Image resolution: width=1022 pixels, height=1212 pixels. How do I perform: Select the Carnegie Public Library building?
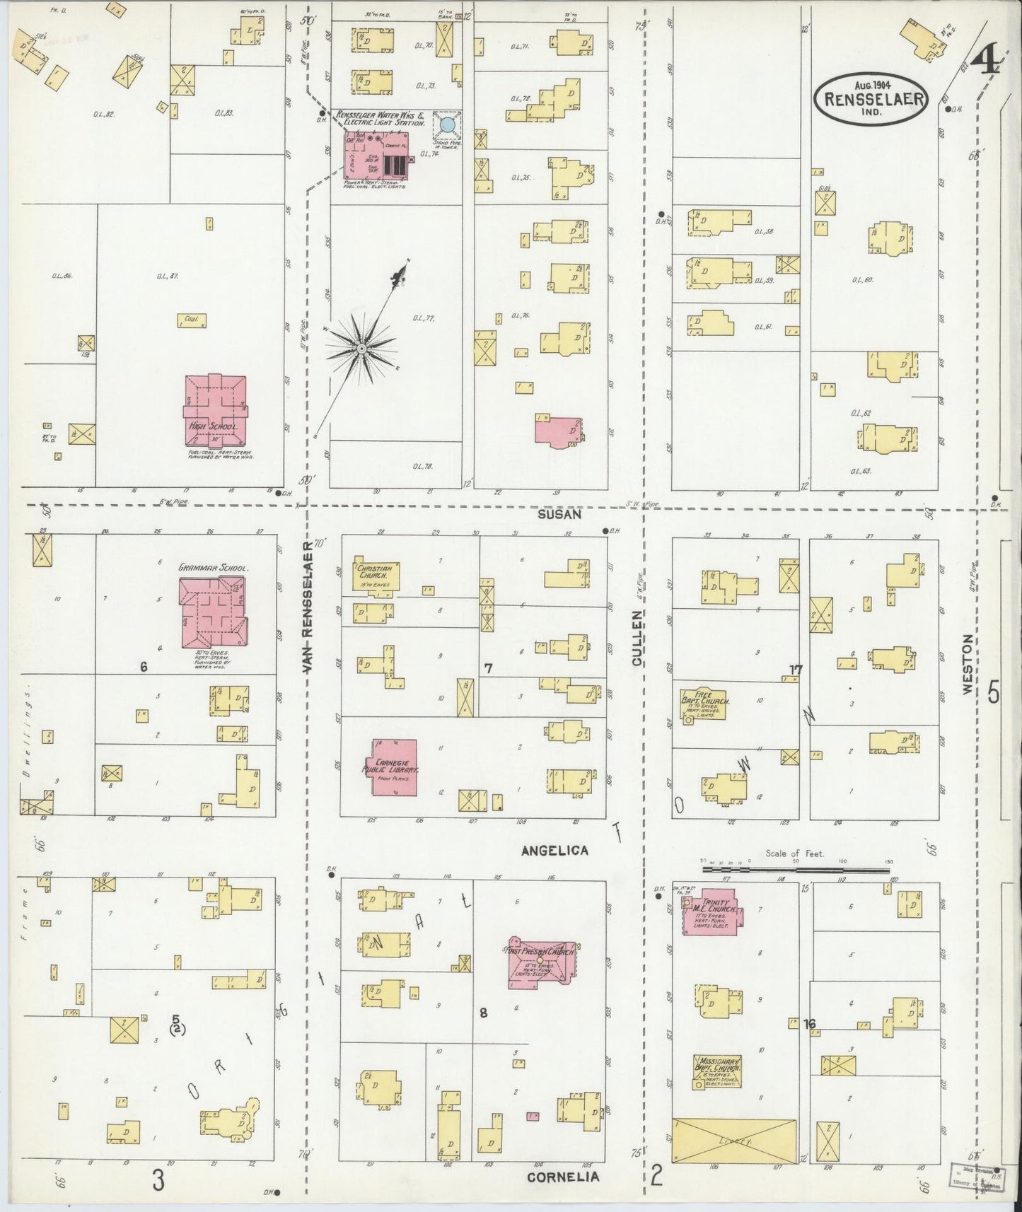[x=395, y=767]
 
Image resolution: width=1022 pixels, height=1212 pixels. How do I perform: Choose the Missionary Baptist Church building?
[x=717, y=1072]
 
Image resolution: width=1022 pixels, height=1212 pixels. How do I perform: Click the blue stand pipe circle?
[x=447, y=125]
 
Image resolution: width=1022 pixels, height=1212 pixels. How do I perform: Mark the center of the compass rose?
[x=361, y=348]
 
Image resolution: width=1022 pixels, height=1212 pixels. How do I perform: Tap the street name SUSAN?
[x=559, y=515]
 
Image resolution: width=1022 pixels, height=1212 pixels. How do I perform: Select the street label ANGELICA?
[x=554, y=851]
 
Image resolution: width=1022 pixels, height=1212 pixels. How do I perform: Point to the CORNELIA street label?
[x=563, y=1177]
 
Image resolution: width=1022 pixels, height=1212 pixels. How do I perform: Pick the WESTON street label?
[x=968, y=663]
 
